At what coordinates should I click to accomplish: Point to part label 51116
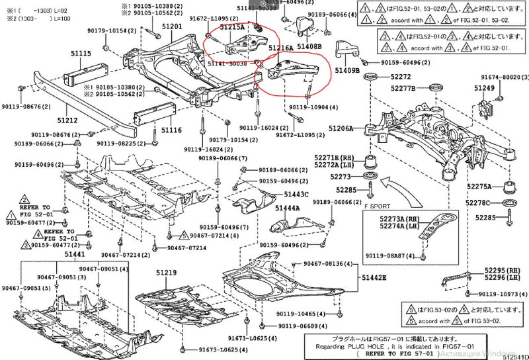point(171,130)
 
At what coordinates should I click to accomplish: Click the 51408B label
point(309,47)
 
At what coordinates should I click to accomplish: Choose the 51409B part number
point(346,70)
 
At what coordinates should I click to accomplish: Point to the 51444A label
point(288,207)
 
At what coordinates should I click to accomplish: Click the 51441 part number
point(75,255)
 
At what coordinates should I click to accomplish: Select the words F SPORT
point(376,206)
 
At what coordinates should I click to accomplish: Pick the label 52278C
point(477,202)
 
